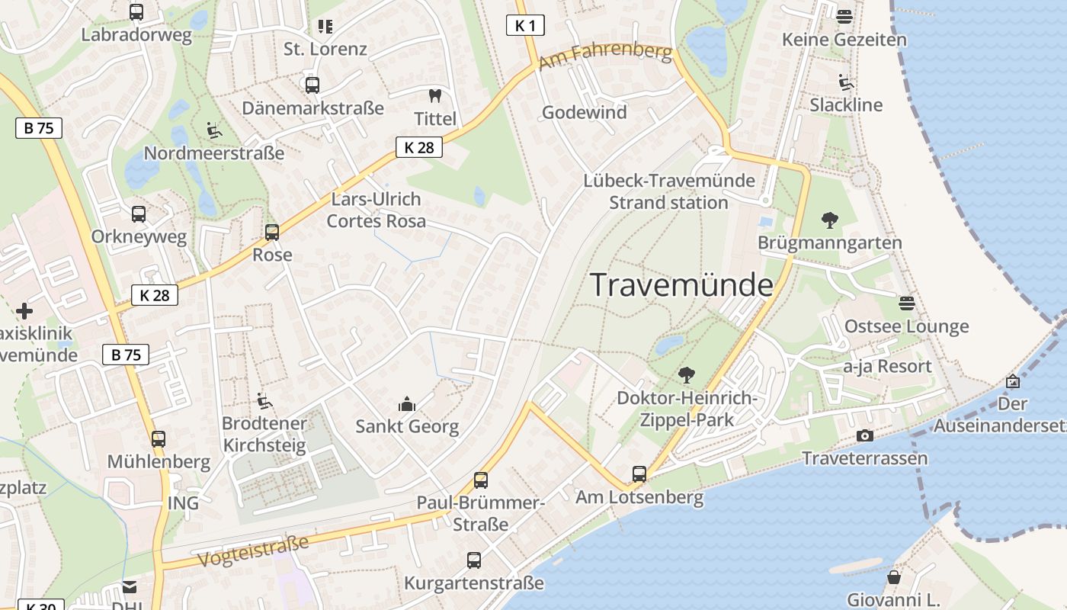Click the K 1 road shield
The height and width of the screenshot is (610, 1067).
(525, 25)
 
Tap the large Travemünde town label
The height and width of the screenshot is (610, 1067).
(682, 285)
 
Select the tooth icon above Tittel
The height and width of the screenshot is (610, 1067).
(435, 96)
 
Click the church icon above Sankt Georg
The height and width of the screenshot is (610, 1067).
(407, 403)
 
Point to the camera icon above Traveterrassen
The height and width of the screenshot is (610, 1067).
(864, 435)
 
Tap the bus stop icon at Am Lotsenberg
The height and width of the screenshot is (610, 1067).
(639, 474)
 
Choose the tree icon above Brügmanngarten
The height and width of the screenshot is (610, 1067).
(829, 220)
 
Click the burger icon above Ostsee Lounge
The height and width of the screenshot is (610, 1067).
(906, 303)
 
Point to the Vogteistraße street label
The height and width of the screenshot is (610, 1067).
(253, 551)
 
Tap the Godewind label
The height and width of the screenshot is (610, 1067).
(584, 112)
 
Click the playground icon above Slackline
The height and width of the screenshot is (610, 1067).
(845, 82)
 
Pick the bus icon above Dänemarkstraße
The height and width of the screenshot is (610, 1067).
(312, 85)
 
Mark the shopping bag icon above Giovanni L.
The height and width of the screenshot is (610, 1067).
(893, 577)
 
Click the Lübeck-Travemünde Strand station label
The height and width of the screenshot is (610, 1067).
(669, 191)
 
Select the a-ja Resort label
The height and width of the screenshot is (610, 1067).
(887, 366)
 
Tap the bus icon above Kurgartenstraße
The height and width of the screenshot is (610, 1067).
(474, 560)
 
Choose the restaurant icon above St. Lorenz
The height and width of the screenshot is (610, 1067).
(325, 27)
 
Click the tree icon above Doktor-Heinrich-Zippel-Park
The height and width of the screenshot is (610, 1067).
(686, 374)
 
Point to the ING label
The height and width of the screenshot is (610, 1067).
(183, 502)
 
